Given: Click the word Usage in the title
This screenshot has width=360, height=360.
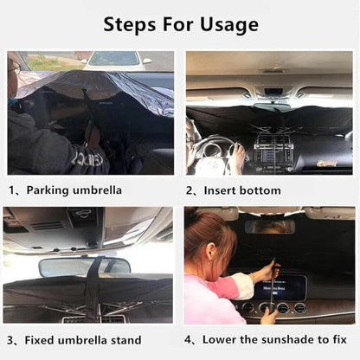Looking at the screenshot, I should (x=227, y=24).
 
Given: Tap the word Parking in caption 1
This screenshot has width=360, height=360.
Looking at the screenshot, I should (x=49, y=190).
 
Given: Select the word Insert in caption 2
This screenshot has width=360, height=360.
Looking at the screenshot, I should (x=220, y=190).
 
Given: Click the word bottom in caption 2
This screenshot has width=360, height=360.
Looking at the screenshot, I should (x=261, y=190).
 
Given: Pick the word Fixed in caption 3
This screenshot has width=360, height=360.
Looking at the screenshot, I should (x=42, y=340).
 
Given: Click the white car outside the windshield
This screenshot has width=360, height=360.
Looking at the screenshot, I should (x=115, y=59).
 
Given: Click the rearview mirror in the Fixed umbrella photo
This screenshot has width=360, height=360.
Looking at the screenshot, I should (x=84, y=267).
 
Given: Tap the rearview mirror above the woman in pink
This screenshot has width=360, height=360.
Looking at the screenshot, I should (x=269, y=226).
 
